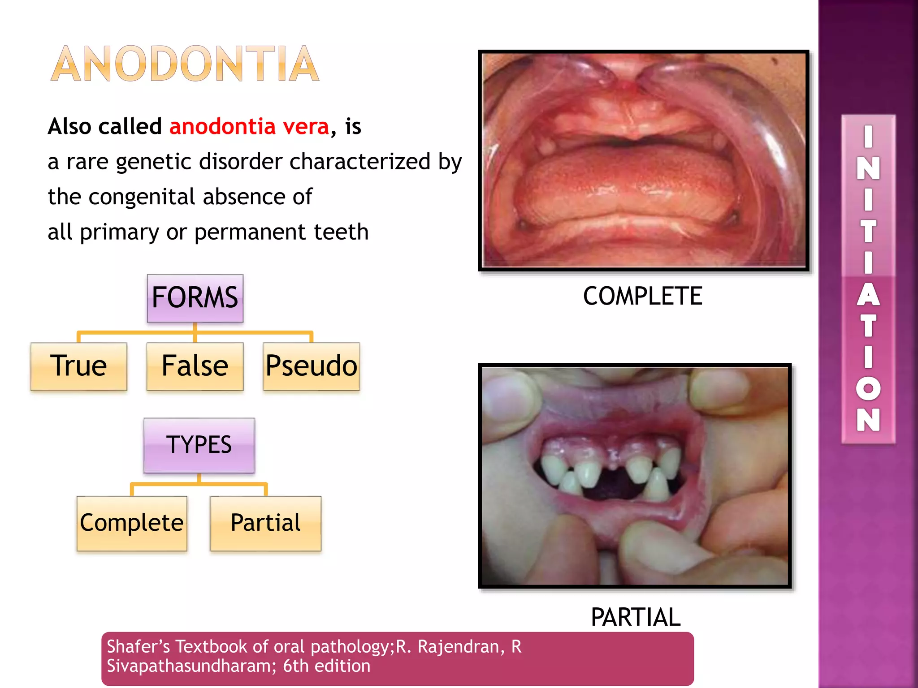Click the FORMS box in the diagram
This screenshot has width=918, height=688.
click(195, 298)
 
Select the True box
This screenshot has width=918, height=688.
click(78, 366)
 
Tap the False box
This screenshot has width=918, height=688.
click(195, 366)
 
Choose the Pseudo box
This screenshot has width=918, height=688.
click(311, 366)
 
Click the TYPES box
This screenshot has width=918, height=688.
click(199, 445)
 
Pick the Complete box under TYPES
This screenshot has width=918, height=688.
click(132, 523)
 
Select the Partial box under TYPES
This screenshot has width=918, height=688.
click(266, 523)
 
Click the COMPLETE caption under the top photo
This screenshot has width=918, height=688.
click(642, 296)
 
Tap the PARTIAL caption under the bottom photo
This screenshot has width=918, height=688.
click(636, 617)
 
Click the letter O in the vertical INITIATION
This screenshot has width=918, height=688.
click(868, 388)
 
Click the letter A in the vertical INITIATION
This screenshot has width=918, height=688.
click(868, 296)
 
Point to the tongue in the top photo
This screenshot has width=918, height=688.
click(628, 188)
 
